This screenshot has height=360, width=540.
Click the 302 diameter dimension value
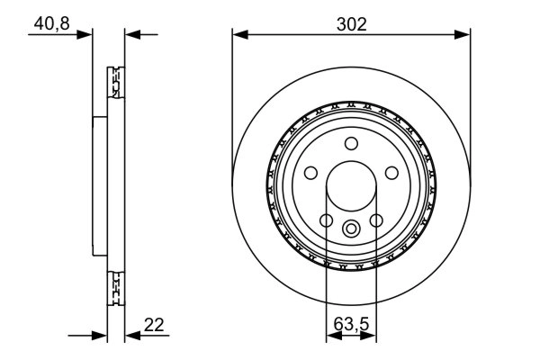click(351, 24)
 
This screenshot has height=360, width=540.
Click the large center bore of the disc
click(351, 185)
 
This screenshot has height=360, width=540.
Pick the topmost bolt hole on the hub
click(351, 141)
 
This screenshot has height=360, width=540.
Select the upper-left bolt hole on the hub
click(310, 173)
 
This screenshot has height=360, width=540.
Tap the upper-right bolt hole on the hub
click(392, 173)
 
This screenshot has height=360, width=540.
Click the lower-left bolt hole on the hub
click(326, 221)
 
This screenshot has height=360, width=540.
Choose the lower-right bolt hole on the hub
click(377, 221)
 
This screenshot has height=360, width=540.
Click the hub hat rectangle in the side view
click(99, 185)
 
